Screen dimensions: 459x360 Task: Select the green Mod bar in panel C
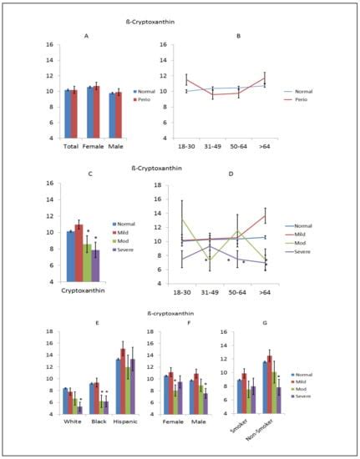tap(87, 263)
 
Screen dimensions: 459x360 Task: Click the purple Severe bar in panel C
tap(96, 266)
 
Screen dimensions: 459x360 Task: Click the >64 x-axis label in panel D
tap(266, 293)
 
